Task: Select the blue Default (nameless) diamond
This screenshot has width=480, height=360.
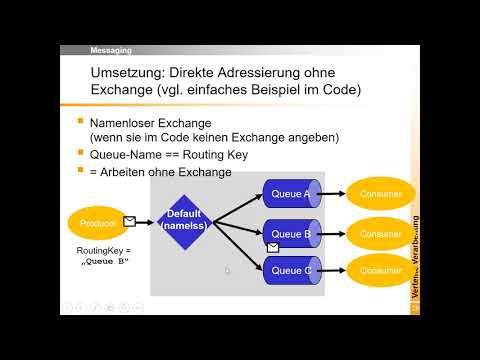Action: [x=184, y=221]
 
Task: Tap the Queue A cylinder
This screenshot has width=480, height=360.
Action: [x=293, y=193]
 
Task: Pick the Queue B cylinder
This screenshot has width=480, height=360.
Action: [x=293, y=234]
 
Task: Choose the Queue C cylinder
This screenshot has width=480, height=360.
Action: [x=293, y=269]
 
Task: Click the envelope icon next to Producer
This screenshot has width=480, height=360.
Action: [x=129, y=221]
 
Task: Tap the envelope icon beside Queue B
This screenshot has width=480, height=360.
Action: [x=272, y=246]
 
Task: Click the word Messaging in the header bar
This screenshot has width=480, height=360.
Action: [x=112, y=49]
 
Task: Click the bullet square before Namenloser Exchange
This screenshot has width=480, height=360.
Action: [x=80, y=122]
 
